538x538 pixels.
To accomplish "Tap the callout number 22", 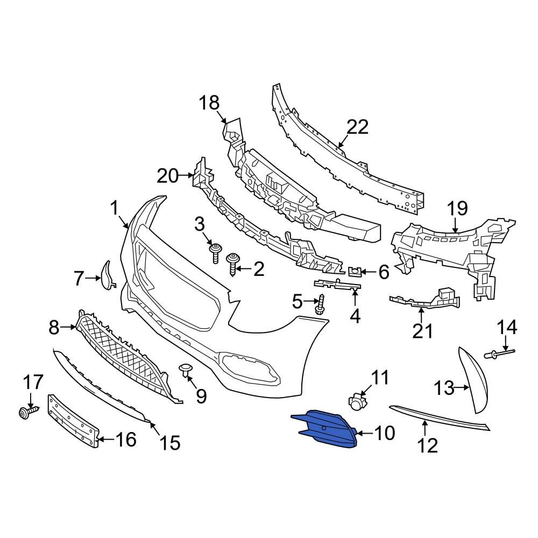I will coord(357,128).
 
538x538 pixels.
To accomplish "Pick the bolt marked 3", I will coord(216,252).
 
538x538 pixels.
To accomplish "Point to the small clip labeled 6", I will coord(355,271).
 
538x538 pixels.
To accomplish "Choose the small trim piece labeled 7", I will coord(107,275).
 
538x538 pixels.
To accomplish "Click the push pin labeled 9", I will coord(186,370).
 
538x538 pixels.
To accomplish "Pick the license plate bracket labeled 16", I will coord(74,420).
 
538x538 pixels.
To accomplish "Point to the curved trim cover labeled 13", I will coord(476,380).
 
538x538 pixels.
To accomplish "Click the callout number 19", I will coord(457,208).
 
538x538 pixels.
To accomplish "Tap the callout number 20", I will coord(167,175).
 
